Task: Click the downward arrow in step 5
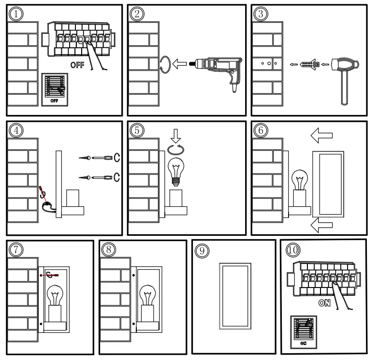point(176,135)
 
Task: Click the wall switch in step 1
point(55,89)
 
